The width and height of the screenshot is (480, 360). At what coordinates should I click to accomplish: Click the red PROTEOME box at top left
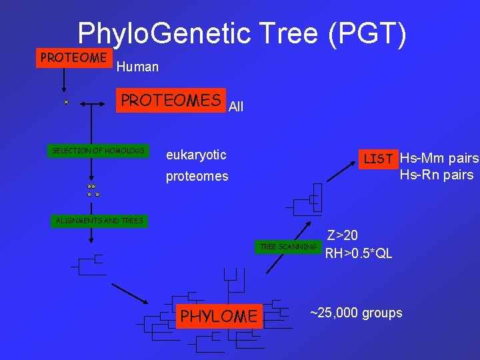coord(73,58)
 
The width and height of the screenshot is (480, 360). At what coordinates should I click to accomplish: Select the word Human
coord(137,67)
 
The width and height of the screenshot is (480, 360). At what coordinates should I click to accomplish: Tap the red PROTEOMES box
coord(171,101)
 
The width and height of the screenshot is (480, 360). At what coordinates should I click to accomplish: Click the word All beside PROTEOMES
coord(236,106)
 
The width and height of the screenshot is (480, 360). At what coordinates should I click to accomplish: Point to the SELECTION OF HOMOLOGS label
coord(98,151)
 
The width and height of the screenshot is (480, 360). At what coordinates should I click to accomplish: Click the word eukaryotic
coord(196,155)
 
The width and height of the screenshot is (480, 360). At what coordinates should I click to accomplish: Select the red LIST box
coord(378,159)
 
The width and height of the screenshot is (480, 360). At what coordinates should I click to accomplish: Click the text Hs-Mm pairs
coord(439,159)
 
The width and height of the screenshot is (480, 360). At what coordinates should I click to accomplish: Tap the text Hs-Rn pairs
coord(437,175)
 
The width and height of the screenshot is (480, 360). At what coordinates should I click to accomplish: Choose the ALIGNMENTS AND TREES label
coord(99,221)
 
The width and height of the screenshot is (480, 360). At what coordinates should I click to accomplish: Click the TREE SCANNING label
coord(287,247)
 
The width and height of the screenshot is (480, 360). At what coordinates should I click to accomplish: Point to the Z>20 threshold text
coord(342,235)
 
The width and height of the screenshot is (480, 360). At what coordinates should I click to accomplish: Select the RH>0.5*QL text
coord(359,253)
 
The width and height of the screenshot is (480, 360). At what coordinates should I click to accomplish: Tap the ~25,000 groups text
coord(356,313)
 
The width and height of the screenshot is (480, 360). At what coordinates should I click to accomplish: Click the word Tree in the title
coord(290,33)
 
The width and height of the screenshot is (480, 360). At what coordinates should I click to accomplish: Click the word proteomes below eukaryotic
coord(197,177)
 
